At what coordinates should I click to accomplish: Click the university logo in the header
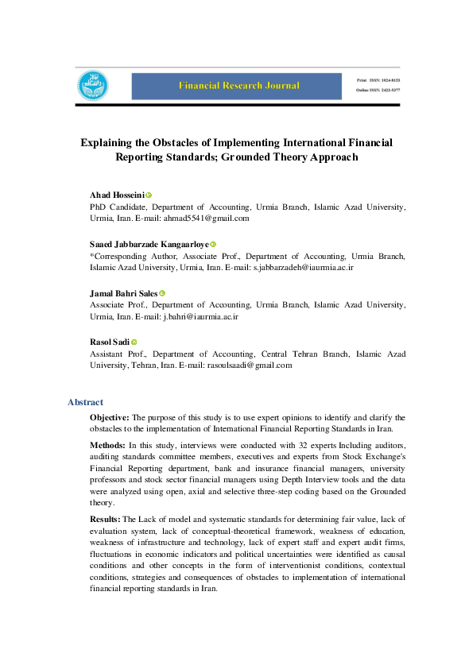point(92,86)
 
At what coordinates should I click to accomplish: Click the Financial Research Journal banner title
point(238,86)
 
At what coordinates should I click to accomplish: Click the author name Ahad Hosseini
point(117,195)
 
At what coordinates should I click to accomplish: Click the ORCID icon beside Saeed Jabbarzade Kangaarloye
point(213,245)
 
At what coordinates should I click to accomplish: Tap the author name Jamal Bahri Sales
point(124,294)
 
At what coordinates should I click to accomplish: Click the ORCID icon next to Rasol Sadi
point(134,342)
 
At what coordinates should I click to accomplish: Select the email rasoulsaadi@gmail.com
point(250,365)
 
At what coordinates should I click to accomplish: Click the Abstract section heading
point(85,402)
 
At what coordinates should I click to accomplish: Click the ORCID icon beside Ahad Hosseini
point(149,195)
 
